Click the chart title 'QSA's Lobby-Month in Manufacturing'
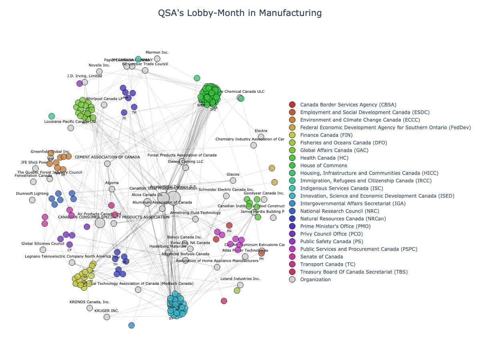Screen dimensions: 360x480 click(240, 13)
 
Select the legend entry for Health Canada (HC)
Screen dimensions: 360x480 click(324, 158)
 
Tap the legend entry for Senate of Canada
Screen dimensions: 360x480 click(321, 257)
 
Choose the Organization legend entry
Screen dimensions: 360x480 click(315, 280)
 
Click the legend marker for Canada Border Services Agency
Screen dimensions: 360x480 click(292, 105)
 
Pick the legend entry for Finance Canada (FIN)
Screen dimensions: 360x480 click(326, 135)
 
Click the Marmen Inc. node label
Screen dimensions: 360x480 click(157, 52)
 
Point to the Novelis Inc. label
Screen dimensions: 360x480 click(99, 65)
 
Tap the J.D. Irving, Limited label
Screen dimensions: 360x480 click(84, 76)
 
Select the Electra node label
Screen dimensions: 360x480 click(261, 131)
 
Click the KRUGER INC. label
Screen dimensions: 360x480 click(106, 311)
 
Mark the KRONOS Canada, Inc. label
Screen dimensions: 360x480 click(90, 302)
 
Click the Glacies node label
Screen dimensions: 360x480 click(233, 174)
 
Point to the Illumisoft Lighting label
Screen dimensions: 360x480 click(32, 194)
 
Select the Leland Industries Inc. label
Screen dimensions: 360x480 click(240, 279)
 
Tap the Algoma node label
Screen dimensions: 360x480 click(112, 183)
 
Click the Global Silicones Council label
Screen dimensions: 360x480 click(43, 244)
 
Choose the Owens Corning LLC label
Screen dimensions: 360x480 click(185, 162)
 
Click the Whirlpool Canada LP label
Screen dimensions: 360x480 click(104, 99)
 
